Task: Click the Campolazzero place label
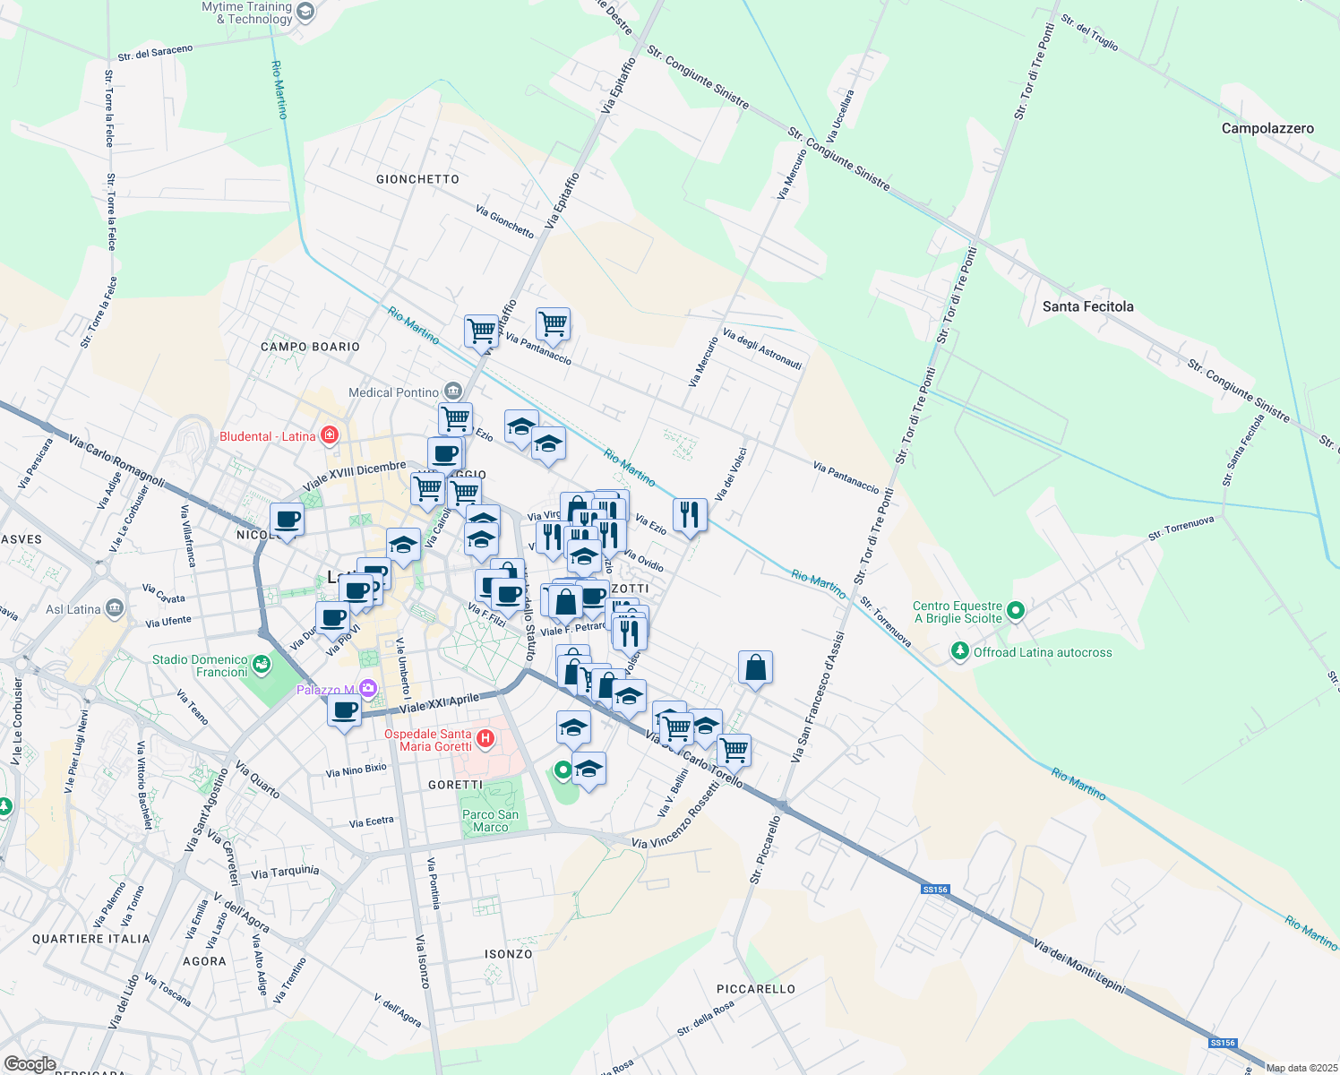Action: [x=1267, y=128]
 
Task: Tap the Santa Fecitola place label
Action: [x=1087, y=306]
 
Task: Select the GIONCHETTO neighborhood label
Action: [x=417, y=179]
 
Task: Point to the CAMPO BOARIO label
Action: [x=310, y=347]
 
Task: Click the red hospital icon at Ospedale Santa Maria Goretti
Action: [x=485, y=739]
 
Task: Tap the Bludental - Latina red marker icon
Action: [x=330, y=435]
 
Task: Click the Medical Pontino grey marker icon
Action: [x=453, y=391]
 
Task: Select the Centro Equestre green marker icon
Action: [x=1015, y=611]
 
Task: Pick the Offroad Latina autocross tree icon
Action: [x=960, y=651]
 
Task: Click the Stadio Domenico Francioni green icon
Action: [x=262, y=665]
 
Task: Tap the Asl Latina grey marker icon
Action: [x=114, y=609]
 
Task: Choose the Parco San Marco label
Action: [x=490, y=821]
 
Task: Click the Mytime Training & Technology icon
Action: [x=305, y=12]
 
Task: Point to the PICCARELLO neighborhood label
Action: [x=756, y=989]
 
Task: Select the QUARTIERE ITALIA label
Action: [x=91, y=939]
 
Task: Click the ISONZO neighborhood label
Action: [x=509, y=954]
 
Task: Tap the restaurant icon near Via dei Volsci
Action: [x=689, y=514]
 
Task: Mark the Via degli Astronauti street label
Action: [x=762, y=349]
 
